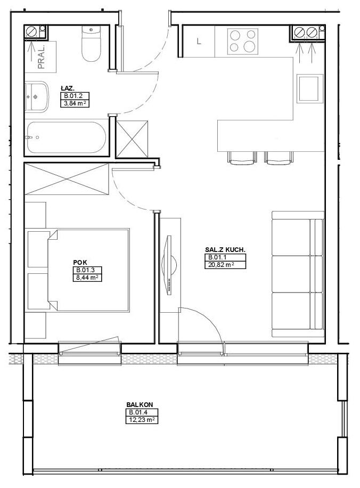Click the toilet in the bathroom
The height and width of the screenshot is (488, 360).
click(91, 44)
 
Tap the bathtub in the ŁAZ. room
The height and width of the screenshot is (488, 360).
click(67, 137)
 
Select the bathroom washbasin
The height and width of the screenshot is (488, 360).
click(37, 97)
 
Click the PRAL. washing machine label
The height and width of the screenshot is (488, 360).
click(42, 57)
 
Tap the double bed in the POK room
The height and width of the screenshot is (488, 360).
click(88, 270)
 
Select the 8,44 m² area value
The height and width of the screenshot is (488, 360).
click(87, 278)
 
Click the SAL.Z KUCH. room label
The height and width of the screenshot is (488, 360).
click(225, 250)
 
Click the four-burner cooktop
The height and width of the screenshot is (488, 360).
click(243, 42)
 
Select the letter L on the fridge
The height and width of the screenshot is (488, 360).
click(199, 41)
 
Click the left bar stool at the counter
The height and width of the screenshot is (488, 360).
click(242, 158)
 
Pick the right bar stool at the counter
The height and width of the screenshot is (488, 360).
click(279, 158)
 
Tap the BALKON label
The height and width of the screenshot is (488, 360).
click(140, 404)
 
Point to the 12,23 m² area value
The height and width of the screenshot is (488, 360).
click(142, 420)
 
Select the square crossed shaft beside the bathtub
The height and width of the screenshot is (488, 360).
click(132, 138)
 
